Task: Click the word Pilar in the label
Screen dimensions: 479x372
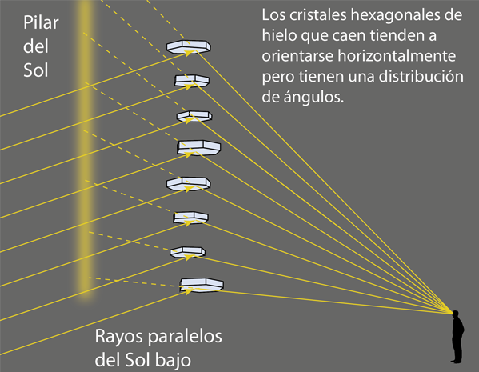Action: (x=41, y=22)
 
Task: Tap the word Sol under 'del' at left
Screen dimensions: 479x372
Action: (x=36, y=70)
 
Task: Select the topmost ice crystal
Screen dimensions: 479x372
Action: (x=189, y=46)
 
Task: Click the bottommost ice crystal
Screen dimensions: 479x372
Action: (x=202, y=285)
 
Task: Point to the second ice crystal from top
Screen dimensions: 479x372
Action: (x=192, y=81)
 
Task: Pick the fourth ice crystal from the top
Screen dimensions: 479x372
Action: (x=198, y=148)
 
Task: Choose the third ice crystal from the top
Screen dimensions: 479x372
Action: (x=194, y=116)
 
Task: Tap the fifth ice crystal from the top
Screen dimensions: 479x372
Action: (x=189, y=183)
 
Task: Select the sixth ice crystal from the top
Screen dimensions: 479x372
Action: (x=190, y=218)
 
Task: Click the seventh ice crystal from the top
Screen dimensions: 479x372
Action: (x=188, y=252)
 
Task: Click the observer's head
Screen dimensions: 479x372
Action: (x=456, y=314)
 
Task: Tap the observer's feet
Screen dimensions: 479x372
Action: (x=457, y=362)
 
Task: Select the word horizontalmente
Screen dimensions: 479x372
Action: (x=397, y=56)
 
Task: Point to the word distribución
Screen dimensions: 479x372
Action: (x=421, y=76)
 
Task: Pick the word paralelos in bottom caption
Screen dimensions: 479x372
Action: (x=185, y=337)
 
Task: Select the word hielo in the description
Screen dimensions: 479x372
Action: (x=279, y=35)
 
